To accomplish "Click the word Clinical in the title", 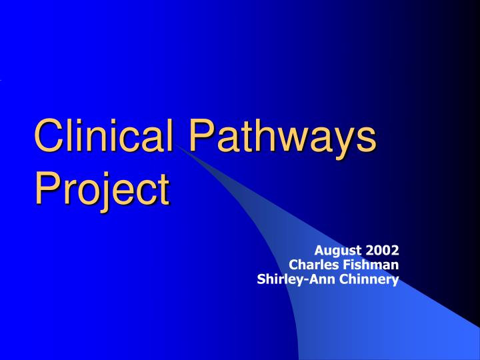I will coord(107,135).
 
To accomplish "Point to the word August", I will coord(335,251).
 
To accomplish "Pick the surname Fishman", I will coord(370,265).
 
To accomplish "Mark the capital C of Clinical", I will coord(48,135).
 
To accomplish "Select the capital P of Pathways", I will coord(199,135).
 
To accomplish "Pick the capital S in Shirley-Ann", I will coord(261,279).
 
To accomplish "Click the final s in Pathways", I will coord(367,138).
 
